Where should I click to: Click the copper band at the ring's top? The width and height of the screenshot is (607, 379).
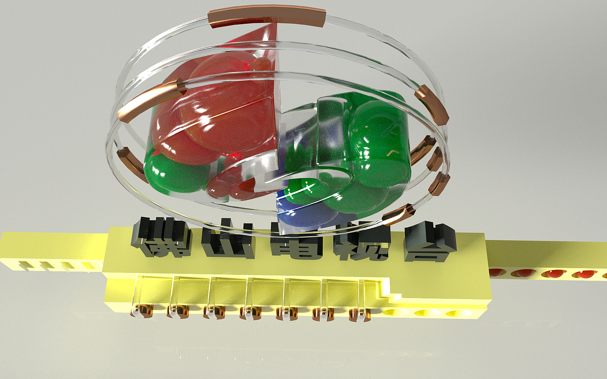(x=267, y=17)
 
